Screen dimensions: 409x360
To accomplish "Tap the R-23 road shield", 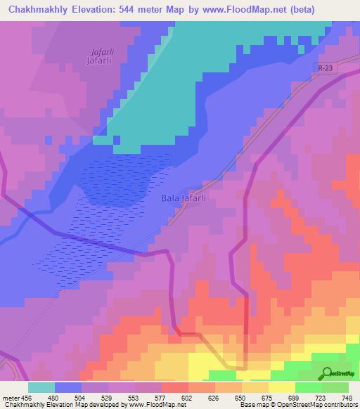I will [x=323, y=68].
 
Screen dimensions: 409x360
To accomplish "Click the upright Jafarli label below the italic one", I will [x=99, y=62].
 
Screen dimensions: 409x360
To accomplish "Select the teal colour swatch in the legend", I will [x=41, y=387].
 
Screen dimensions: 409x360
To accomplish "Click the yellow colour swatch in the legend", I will [x=281, y=387].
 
